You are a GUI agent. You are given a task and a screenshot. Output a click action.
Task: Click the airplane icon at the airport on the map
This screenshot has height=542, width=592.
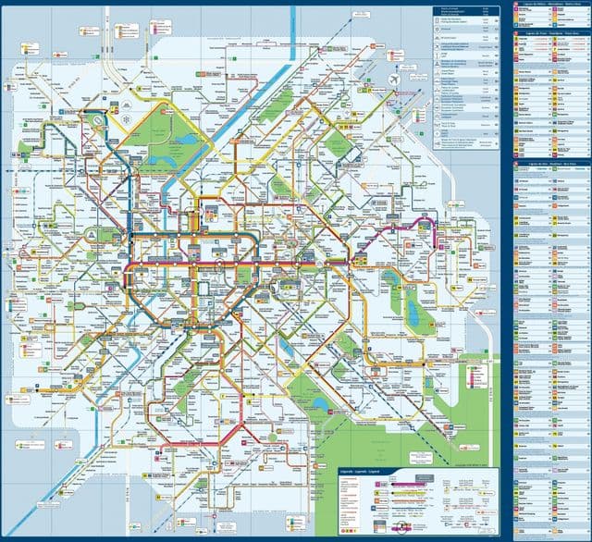397,81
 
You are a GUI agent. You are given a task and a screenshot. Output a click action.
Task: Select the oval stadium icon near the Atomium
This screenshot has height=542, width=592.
95,119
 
